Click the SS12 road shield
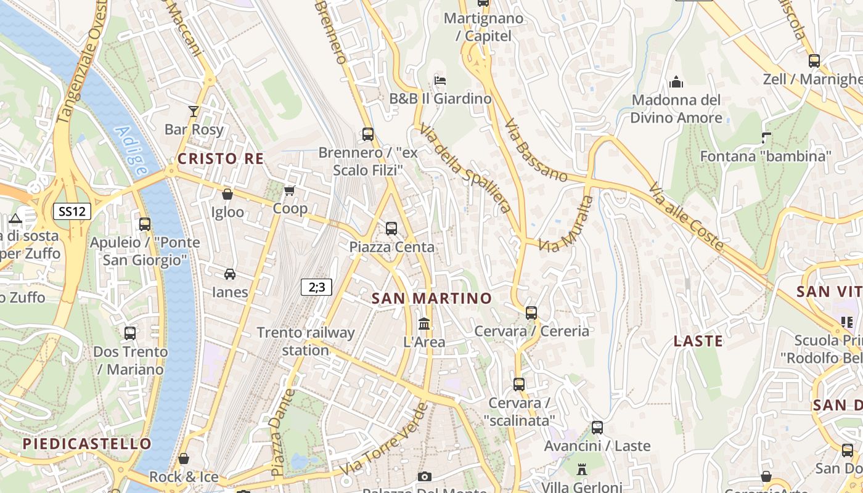click(x=72, y=211)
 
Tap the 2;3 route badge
click(x=317, y=287)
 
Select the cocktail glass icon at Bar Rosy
click(x=194, y=111)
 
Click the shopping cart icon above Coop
click(x=290, y=190)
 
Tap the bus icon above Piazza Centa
click(x=391, y=229)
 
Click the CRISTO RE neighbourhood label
click(x=221, y=159)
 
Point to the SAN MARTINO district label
click(x=432, y=299)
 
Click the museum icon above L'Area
click(x=424, y=324)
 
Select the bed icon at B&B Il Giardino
click(x=440, y=80)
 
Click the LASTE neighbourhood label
click(x=698, y=341)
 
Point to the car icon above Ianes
click(x=230, y=274)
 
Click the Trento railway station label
click(x=306, y=341)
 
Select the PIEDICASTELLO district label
click(x=87, y=444)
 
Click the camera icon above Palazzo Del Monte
click(x=424, y=476)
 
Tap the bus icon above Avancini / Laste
click(x=597, y=427)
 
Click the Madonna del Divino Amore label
click(x=676, y=108)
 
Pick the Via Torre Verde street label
click(x=383, y=439)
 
